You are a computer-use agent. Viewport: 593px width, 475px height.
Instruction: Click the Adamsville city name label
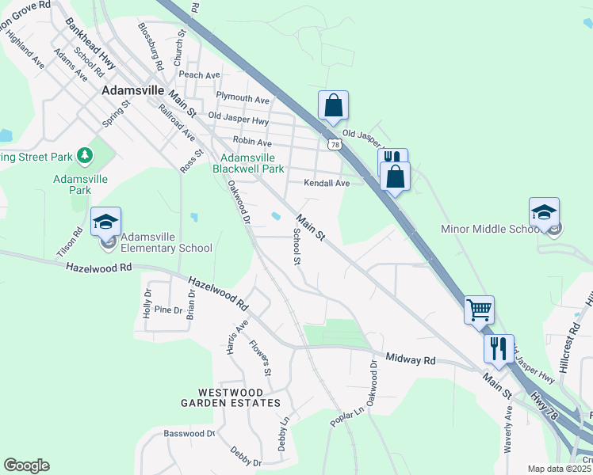click(x=132, y=91)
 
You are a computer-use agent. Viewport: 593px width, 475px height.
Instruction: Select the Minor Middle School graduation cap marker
click(x=544, y=212)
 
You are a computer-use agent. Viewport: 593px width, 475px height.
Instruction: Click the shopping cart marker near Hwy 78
click(x=479, y=310)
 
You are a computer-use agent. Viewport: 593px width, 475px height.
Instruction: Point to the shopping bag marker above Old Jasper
click(x=334, y=105)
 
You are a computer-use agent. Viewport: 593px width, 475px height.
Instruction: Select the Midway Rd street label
click(x=411, y=359)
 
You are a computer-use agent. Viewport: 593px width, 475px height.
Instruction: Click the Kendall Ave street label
click(x=327, y=183)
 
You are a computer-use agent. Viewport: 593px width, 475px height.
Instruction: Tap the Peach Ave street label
click(x=199, y=75)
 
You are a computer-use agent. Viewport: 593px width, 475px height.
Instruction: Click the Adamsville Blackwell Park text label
click(x=248, y=163)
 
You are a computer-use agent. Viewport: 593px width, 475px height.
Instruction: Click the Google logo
click(x=26, y=465)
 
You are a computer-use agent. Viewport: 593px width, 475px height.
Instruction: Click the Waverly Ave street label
click(x=508, y=431)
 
